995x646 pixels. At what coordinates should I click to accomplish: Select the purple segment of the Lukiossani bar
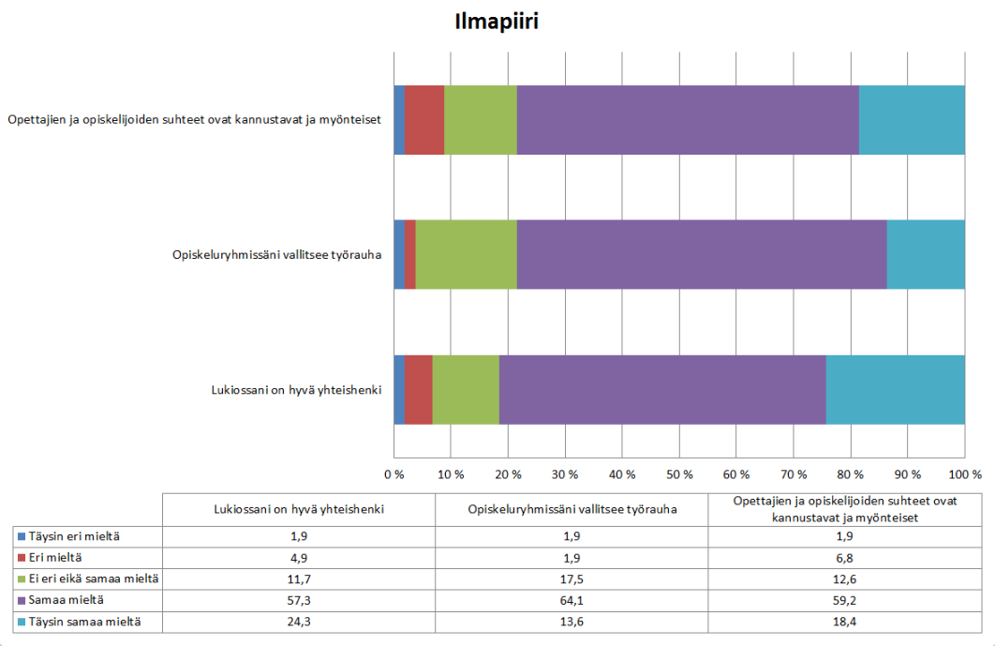click(x=662, y=390)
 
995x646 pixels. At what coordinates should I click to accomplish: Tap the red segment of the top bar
click(x=424, y=119)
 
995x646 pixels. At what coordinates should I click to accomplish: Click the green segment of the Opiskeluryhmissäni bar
click(x=466, y=254)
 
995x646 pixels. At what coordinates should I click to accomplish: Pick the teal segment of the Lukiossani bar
click(x=895, y=390)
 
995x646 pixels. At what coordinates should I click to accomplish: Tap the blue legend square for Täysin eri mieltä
click(x=21, y=537)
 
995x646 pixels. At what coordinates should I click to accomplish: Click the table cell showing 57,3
click(x=299, y=599)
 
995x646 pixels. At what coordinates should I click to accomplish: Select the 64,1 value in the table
click(x=572, y=599)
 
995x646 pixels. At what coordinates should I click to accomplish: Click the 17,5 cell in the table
click(x=572, y=578)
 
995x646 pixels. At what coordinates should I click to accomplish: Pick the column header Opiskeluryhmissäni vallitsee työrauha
click(x=572, y=510)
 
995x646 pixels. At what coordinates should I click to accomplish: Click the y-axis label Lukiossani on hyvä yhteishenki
click(x=294, y=390)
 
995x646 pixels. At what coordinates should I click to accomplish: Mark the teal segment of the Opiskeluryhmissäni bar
click(x=926, y=254)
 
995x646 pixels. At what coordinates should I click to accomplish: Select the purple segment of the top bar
click(x=688, y=119)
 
